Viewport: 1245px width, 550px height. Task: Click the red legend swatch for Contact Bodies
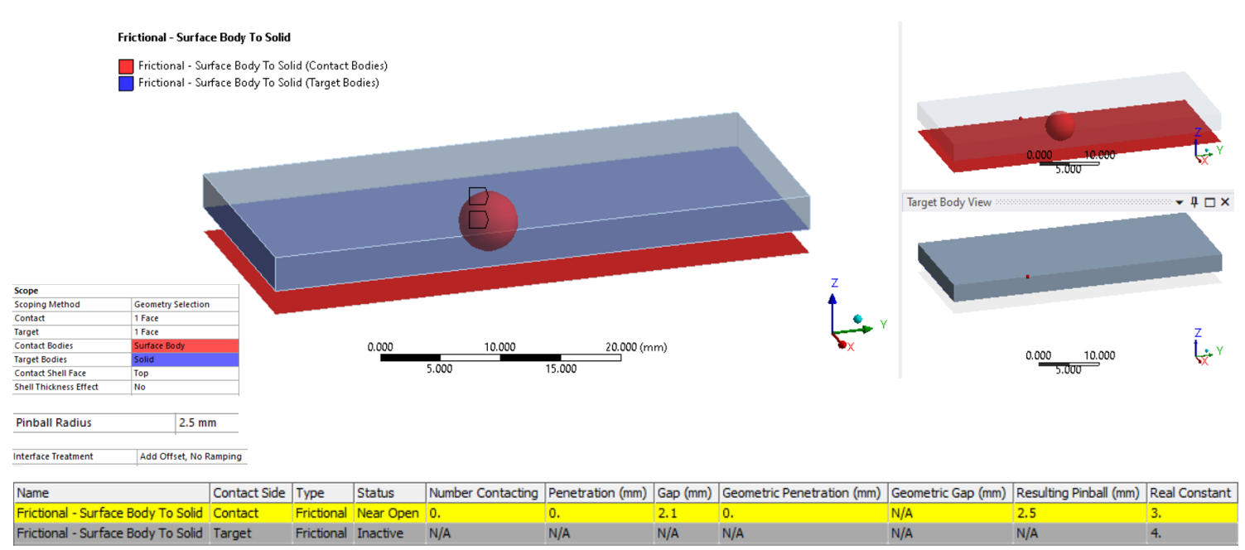[x=126, y=66]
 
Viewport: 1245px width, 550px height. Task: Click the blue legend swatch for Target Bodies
[x=126, y=84]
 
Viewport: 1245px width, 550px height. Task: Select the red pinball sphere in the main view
[x=488, y=221]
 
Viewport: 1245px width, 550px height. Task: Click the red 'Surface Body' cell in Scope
[x=185, y=345]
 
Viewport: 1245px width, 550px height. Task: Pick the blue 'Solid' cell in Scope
[x=185, y=359]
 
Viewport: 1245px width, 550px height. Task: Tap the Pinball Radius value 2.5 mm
[x=197, y=422]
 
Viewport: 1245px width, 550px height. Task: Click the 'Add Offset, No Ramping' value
[x=191, y=456]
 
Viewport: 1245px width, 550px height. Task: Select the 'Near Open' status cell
[x=388, y=513]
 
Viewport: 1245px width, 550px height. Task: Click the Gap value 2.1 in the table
[x=668, y=513]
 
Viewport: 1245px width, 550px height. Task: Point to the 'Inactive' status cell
[x=380, y=533]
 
